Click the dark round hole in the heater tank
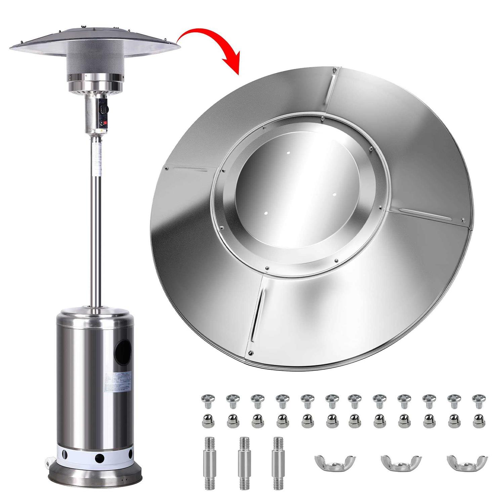(123, 352)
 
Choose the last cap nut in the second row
(476, 420)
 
